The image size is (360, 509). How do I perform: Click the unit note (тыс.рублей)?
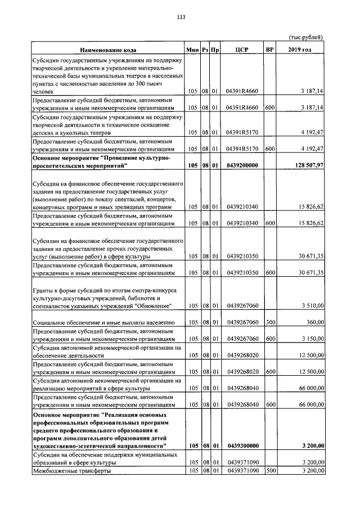click(306, 38)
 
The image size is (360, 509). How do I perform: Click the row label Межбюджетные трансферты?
click(72, 470)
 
